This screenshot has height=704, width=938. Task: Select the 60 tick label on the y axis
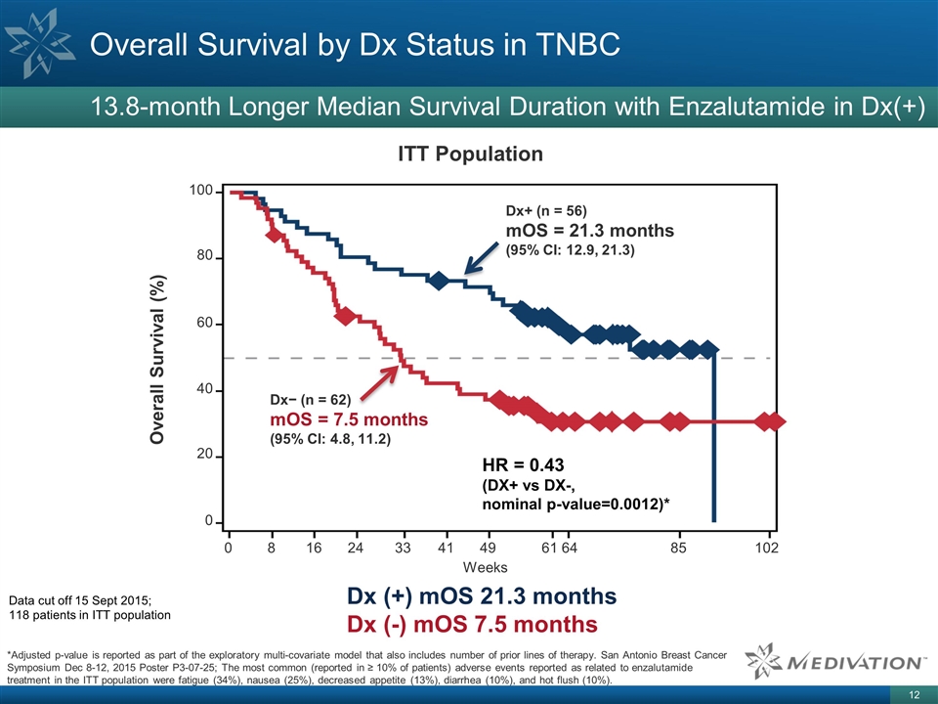tap(205, 323)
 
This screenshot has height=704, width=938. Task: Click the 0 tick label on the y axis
tap(209, 522)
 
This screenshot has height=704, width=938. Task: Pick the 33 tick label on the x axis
tap(403, 548)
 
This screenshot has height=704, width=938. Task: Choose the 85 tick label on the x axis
tap(679, 548)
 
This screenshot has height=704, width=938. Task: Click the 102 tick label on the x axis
tap(767, 548)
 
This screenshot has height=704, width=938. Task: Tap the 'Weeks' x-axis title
tap(485, 567)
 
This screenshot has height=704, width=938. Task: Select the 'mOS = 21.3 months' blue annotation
tap(589, 231)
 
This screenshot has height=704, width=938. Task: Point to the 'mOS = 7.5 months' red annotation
tap(348, 419)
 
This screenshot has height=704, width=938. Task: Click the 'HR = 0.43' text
tap(524, 463)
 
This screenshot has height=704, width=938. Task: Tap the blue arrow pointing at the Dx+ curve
tap(481, 259)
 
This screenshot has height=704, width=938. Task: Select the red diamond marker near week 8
tap(275, 235)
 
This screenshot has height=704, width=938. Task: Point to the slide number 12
tap(915, 694)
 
